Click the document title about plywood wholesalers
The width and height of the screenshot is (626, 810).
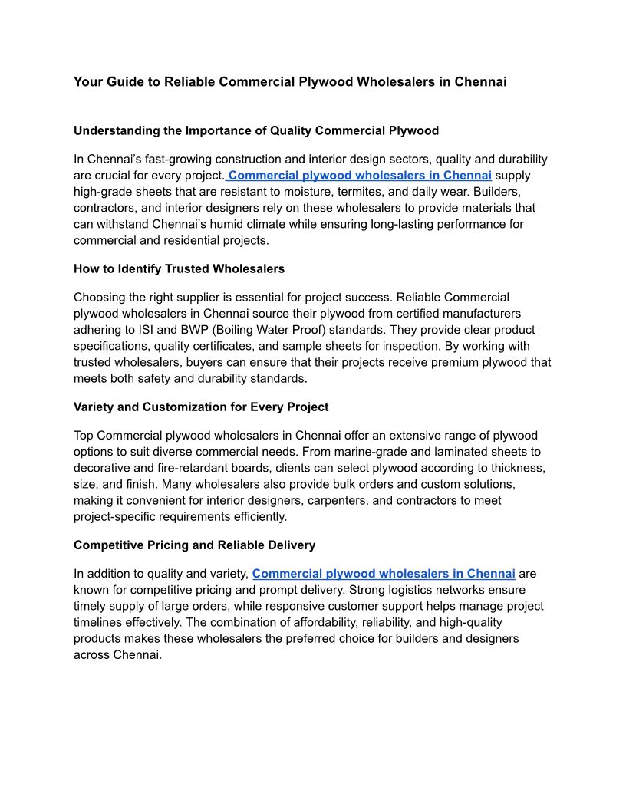pos(290,81)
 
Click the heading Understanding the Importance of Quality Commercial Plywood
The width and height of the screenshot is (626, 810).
pos(256,130)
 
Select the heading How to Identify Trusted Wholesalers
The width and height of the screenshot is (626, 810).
pos(179,268)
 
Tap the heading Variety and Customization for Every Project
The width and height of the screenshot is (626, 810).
pos(201,407)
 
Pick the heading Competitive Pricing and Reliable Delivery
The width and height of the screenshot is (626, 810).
pos(194,545)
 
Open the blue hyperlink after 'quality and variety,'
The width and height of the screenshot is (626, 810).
pos(384,573)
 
